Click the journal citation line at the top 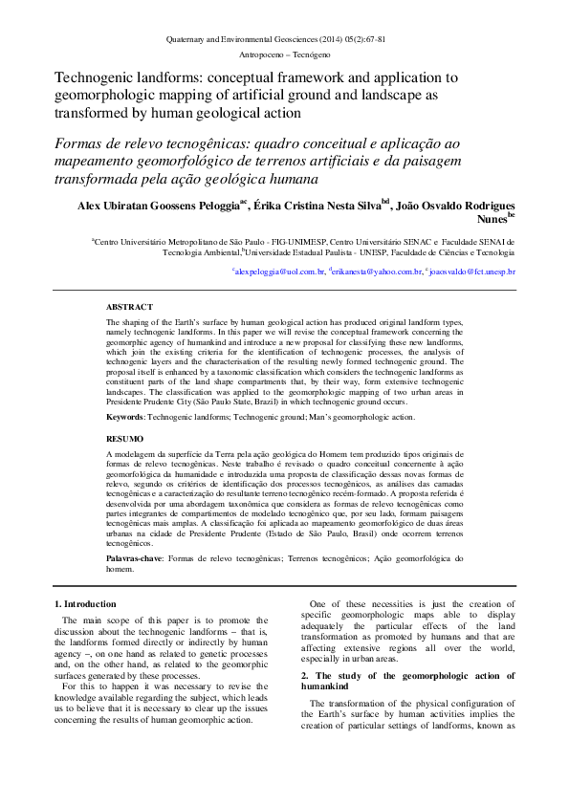pos(275,40)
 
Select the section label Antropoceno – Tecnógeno pos(275,55)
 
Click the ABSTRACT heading pos(128,307)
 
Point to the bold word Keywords pos(124,418)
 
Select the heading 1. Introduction pos(85,604)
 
